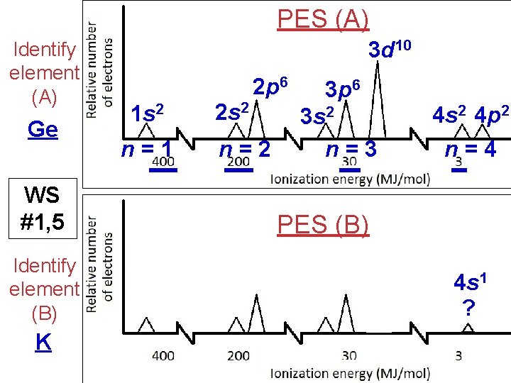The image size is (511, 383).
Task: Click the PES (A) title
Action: pyautogui.click(x=323, y=19)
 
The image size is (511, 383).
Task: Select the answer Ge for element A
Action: pyautogui.click(x=43, y=129)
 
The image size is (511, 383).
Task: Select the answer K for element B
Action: pyautogui.click(x=43, y=343)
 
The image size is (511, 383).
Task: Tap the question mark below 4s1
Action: pyautogui.click(x=468, y=308)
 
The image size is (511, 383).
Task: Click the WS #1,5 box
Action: pyautogui.click(x=43, y=209)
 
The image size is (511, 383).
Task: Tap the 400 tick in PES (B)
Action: pyautogui.click(x=163, y=355)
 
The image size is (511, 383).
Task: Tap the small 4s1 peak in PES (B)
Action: pyautogui.click(x=467, y=328)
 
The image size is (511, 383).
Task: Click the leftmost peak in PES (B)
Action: pyautogui.click(x=146, y=325)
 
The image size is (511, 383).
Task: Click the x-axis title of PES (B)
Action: pyautogui.click(x=350, y=373)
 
